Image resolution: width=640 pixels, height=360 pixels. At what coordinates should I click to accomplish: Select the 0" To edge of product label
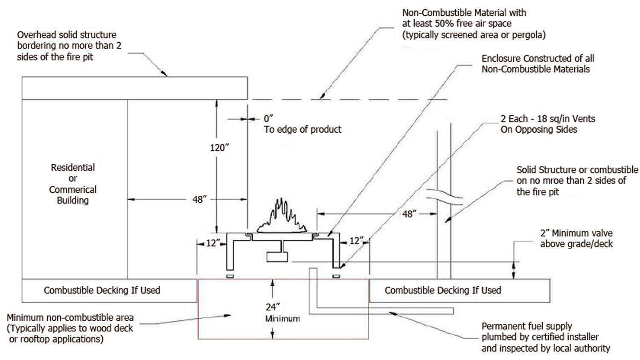[302, 124]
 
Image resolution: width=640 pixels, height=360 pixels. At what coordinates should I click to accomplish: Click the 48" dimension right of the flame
[408, 214]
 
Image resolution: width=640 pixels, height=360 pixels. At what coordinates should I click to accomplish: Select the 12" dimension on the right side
[355, 241]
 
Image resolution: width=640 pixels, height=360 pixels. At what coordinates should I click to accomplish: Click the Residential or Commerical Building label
[73, 184]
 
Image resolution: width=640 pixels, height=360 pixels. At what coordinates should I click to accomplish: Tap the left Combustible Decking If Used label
[102, 290]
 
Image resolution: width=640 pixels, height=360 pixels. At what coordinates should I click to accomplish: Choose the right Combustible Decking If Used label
[442, 290]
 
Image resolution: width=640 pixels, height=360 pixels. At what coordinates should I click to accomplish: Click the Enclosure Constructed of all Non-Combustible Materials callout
[537, 64]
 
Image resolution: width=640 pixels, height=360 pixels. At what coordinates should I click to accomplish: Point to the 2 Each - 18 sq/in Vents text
[547, 119]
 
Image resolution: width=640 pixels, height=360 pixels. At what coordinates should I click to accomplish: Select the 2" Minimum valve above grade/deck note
[576, 238]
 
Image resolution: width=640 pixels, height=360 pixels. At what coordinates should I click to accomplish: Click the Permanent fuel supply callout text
[545, 337]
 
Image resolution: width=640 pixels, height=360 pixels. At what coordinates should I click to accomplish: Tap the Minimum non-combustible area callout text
[70, 328]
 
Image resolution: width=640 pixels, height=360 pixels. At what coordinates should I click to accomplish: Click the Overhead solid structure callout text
[69, 46]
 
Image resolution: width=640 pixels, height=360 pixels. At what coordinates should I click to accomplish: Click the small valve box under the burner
[276, 257]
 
